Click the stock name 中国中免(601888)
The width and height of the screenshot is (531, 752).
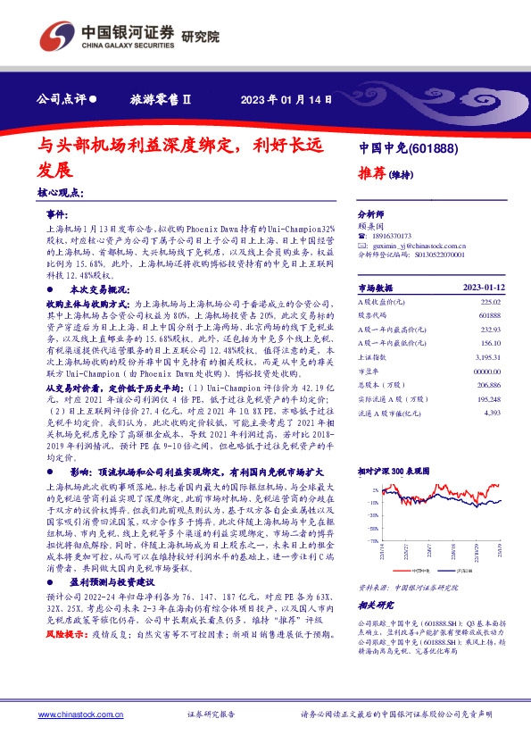pos(408,147)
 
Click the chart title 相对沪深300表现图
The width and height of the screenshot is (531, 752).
pos(394,470)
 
